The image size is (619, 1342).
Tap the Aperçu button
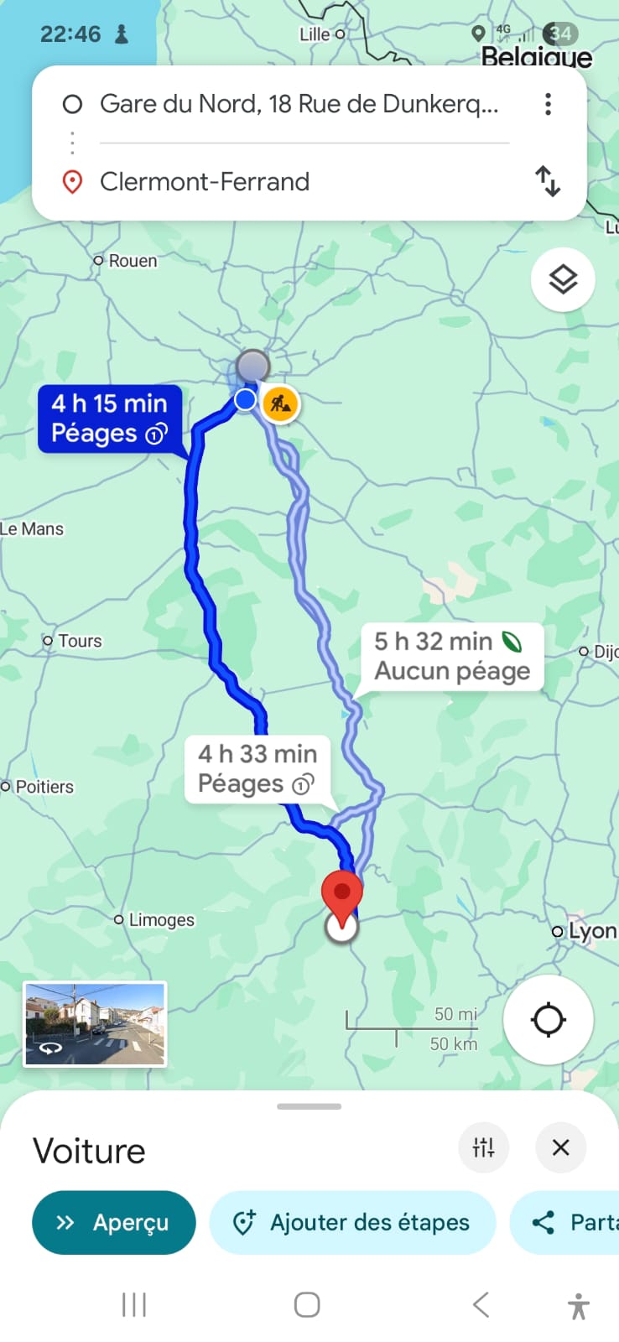pyautogui.click(x=113, y=1222)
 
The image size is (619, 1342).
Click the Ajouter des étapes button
pyautogui.click(x=352, y=1222)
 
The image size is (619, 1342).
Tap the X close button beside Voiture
pyautogui.click(x=561, y=1147)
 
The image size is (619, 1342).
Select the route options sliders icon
pyautogui.click(x=483, y=1147)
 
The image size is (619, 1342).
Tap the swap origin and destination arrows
pyautogui.click(x=548, y=181)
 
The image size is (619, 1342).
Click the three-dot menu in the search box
pyautogui.click(x=548, y=104)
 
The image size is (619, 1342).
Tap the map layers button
pyautogui.click(x=563, y=279)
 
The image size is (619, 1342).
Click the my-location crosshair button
pyautogui.click(x=549, y=1020)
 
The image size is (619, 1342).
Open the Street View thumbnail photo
pyautogui.click(x=95, y=1024)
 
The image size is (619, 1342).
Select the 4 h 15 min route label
pyautogui.click(x=109, y=419)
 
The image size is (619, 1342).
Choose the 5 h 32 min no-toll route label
pyautogui.click(x=451, y=656)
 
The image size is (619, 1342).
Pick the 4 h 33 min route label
pyautogui.click(x=257, y=768)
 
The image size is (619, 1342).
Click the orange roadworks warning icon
pyautogui.click(x=280, y=403)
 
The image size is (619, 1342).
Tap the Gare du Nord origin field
pyautogui.click(x=299, y=104)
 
